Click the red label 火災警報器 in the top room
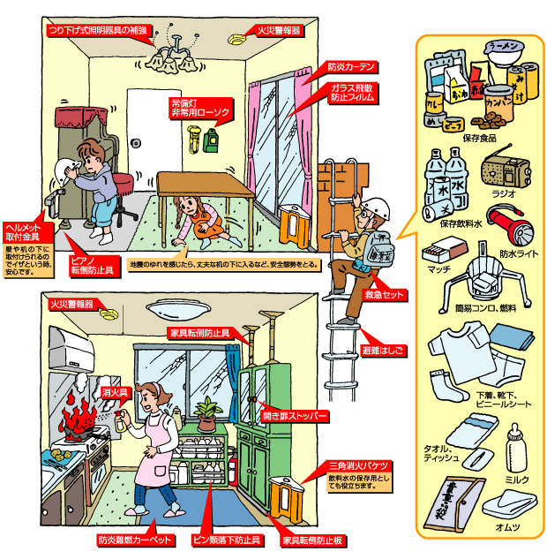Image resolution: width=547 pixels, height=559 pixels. click(x=277, y=30)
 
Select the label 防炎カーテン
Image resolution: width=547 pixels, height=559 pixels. click(x=352, y=67)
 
